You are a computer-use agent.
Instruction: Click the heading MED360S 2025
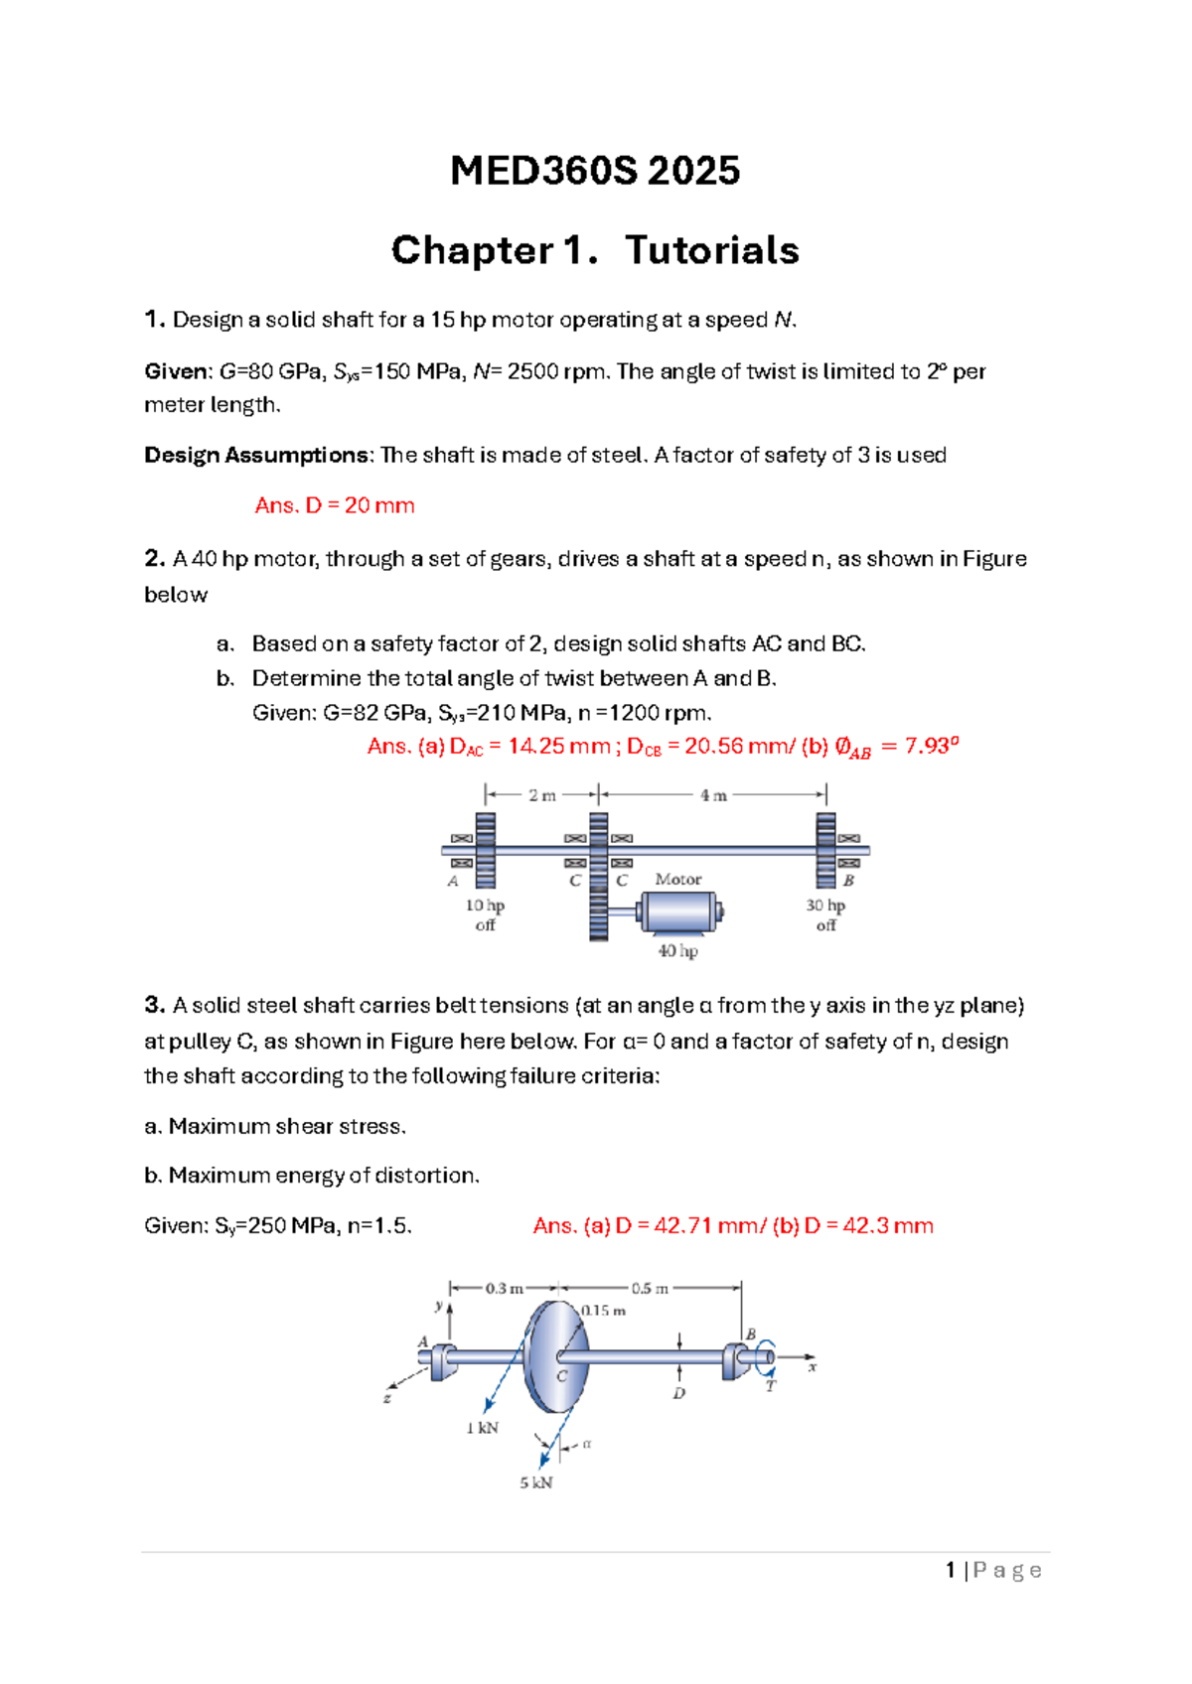click(594, 171)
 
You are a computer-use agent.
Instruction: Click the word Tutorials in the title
click(712, 250)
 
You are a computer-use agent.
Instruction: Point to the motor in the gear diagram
click(679, 912)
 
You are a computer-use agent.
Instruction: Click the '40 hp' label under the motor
click(677, 951)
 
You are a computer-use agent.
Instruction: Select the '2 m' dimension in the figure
click(541, 795)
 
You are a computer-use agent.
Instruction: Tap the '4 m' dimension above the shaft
click(713, 795)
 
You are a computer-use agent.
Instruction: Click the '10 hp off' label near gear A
click(485, 914)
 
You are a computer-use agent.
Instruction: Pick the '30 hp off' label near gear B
click(825, 914)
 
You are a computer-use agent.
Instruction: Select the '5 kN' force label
click(536, 1482)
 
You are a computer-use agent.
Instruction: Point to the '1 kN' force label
click(482, 1428)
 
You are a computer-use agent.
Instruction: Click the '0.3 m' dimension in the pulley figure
click(504, 1289)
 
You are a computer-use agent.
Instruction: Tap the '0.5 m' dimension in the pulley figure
click(650, 1289)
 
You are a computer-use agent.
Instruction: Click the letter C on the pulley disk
click(561, 1376)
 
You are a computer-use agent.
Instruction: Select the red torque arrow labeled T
click(766, 1355)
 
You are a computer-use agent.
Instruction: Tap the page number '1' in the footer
click(951, 1570)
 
